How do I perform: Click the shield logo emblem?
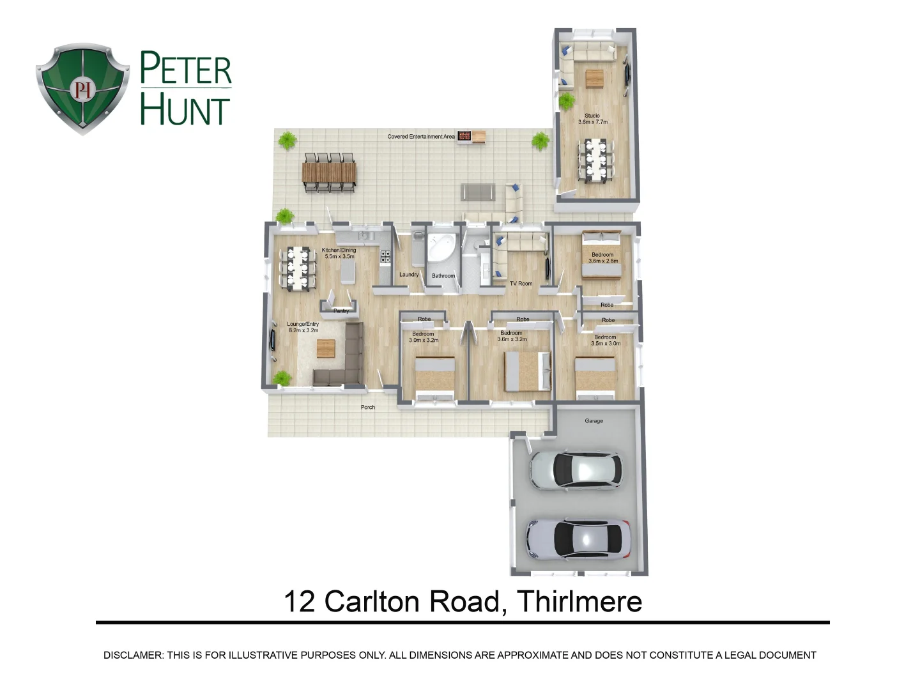[x=82, y=88]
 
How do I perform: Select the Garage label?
[x=594, y=421]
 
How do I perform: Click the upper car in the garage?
[x=576, y=470]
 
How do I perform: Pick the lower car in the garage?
[x=578, y=539]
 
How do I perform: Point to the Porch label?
[x=368, y=407]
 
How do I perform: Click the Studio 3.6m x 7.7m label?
[x=592, y=119]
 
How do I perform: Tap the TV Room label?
[x=521, y=284]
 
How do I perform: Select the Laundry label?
[x=409, y=275]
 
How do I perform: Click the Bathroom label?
[x=443, y=276]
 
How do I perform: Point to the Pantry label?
[x=341, y=311]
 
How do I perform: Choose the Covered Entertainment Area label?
[x=421, y=137]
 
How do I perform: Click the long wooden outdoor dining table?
[x=329, y=172]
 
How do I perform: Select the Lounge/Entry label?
[x=303, y=327]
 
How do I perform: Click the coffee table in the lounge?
[x=326, y=349]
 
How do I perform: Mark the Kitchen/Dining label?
[x=339, y=253]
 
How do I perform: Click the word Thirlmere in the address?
[x=579, y=602]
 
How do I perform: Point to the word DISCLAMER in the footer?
[x=133, y=655]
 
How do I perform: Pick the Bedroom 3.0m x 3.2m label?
[x=424, y=337]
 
